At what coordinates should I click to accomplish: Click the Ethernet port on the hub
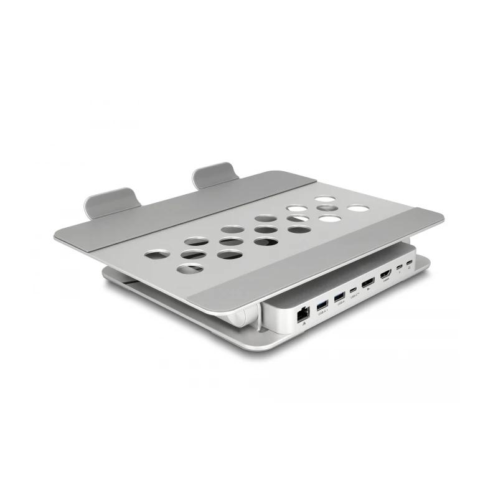coord(301,313)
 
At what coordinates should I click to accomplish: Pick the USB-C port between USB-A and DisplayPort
coord(354,290)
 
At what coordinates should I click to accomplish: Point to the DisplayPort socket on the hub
coord(369,285)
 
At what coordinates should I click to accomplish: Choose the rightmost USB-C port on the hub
coord(409,265)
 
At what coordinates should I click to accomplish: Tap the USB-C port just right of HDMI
coord(399,270)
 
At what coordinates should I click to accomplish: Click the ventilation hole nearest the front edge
coord(190,269)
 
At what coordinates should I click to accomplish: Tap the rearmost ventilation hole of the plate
coord(324,200)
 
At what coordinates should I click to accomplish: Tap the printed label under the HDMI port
coord(387,281)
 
